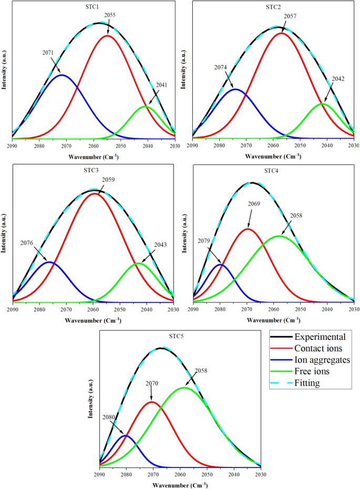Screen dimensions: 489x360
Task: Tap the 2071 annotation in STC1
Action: (x=48, y=53)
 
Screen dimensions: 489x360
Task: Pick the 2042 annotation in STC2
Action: (x=339, y=79)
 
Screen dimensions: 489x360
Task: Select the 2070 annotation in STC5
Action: (x=152, y=383)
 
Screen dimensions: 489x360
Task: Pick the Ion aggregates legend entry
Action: (x=322, y=360)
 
